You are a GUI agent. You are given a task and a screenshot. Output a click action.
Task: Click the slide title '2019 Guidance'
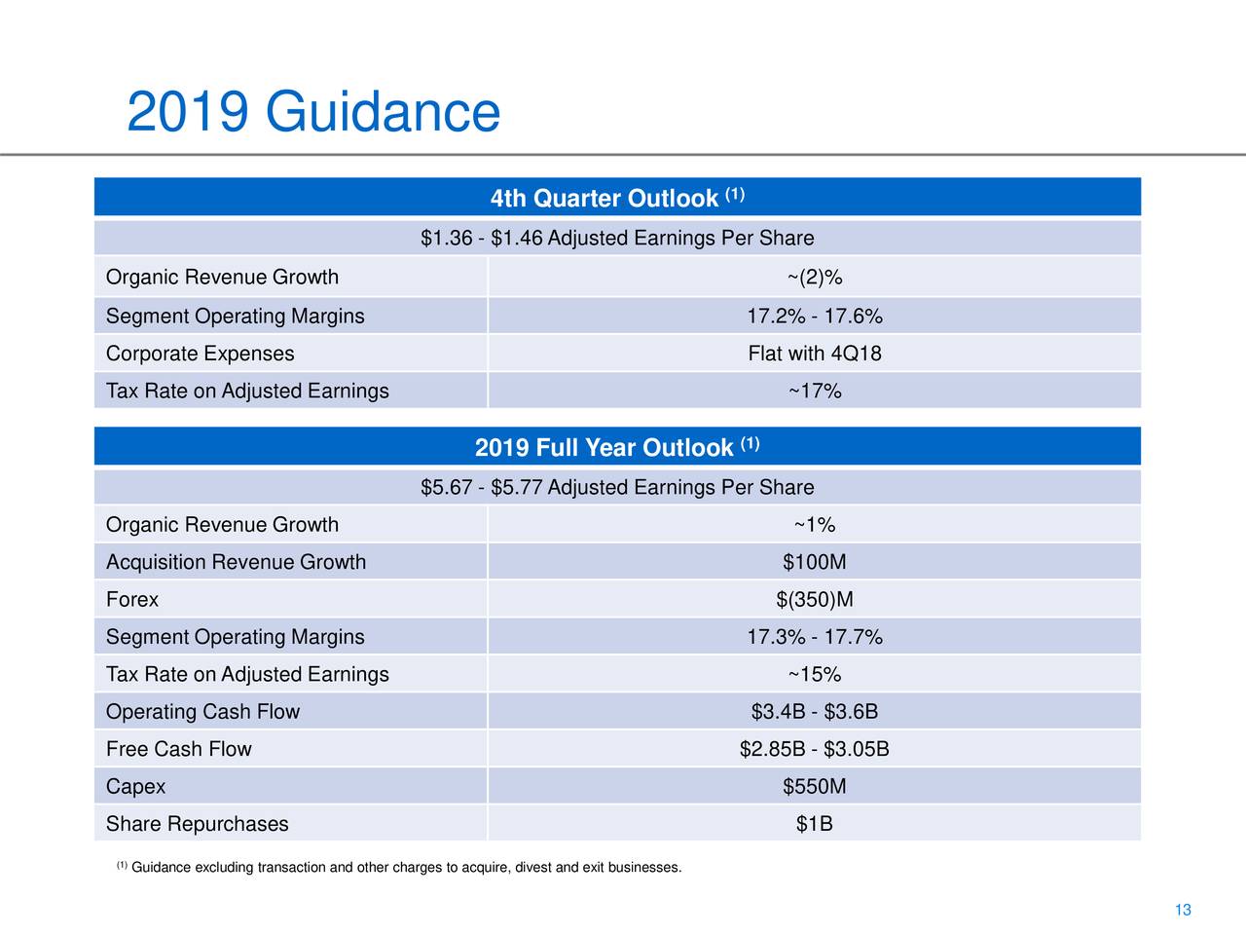(x=312, y=112)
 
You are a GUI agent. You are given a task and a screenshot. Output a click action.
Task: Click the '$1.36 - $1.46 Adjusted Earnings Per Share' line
(x=617, y=239)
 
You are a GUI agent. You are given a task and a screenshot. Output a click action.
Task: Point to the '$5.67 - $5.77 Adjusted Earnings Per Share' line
(x=617, y=487)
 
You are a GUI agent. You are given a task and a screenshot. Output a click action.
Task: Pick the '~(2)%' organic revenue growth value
(x=814, y=278)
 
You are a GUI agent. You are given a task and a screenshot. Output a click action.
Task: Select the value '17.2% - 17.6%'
(x=814, y=317)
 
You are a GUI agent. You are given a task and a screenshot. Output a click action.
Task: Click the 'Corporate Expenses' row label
(x=200, y=354)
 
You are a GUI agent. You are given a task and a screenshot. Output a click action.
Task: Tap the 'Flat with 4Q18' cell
(x=814, y=354)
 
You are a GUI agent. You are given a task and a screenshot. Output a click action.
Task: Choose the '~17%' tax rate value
(x=814, y=392)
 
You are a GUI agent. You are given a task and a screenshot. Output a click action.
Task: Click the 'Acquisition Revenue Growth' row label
(x=236, y=562)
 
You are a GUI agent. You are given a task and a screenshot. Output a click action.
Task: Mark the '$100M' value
(x=814, y=562)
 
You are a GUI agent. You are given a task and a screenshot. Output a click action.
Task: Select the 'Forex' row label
(x=132, y=600)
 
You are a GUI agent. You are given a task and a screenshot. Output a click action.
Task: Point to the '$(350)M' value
(x=814, y=600)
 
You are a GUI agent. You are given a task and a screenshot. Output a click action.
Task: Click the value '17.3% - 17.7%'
(x=814, y=637)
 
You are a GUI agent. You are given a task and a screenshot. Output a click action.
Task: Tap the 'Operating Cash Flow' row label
(x=202, y=712)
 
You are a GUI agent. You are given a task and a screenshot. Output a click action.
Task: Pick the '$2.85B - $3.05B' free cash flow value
(x=814, y=749)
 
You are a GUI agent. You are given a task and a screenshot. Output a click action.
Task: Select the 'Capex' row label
(x=135, y=786)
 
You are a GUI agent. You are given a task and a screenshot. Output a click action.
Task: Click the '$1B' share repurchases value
(x=814, y=824)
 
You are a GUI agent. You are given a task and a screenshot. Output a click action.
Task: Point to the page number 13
(x=1183, y=911)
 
